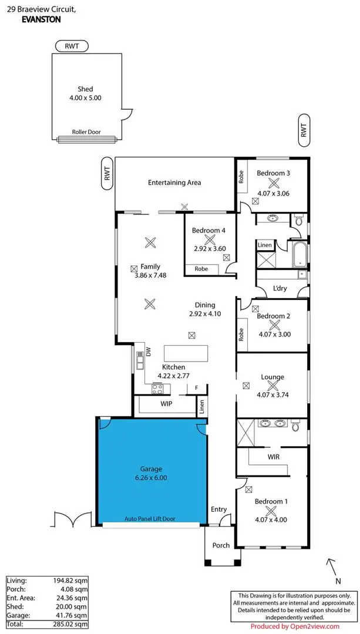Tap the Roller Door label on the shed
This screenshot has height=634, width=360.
86,133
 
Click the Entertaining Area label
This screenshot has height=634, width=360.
174,183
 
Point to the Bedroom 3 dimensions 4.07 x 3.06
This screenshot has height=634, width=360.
273,193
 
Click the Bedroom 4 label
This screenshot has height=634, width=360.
208,231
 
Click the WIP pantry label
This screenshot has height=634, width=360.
167,404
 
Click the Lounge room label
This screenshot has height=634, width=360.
272,377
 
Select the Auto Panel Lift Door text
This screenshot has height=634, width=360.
150,518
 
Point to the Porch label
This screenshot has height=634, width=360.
221,545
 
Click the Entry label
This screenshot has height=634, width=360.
218,509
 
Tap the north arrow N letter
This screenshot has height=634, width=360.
338,581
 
